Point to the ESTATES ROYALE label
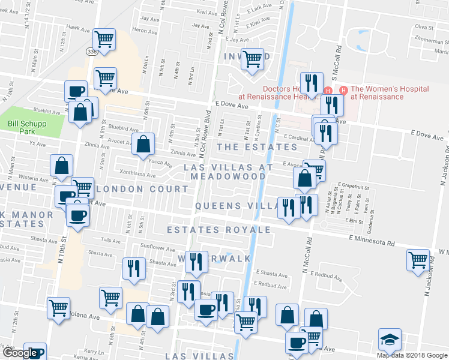pos(218,230)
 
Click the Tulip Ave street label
pos(110,240)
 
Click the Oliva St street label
pos(424,27)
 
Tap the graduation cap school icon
pos(390,340)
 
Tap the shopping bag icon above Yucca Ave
pos(143,144)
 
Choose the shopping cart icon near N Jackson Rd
pos(418,260)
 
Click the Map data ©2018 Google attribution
pos(412,355)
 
